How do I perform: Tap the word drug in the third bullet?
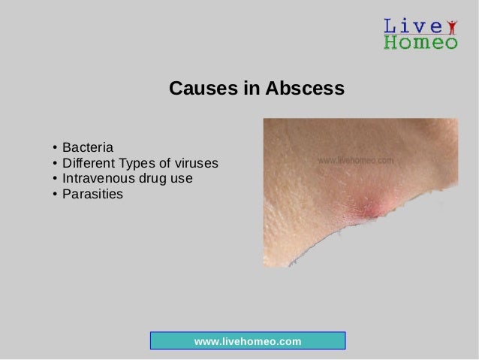[x=159, y=179]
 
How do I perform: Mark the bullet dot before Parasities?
[x=56, y=196]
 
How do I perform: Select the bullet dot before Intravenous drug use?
[x=56, y=180]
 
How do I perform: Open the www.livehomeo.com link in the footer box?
[x=248, y=342]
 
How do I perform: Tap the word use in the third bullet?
[x=182, y=179]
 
